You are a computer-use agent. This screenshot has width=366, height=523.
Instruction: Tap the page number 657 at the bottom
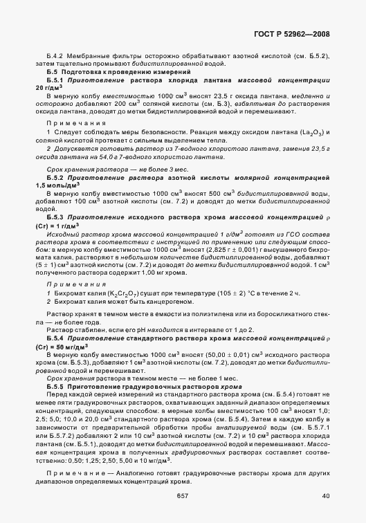click(183, 495)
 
